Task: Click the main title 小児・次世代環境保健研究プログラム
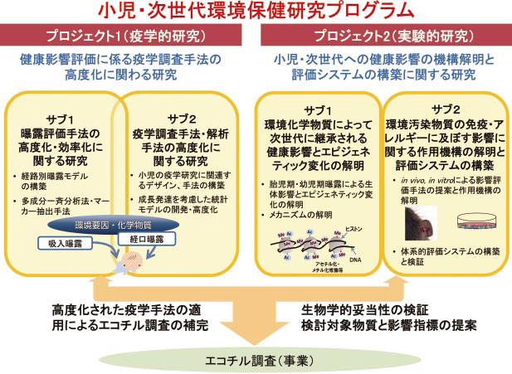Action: point(255,11)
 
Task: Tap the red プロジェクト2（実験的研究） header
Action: point(383,37)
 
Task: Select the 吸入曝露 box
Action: point(63,243)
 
